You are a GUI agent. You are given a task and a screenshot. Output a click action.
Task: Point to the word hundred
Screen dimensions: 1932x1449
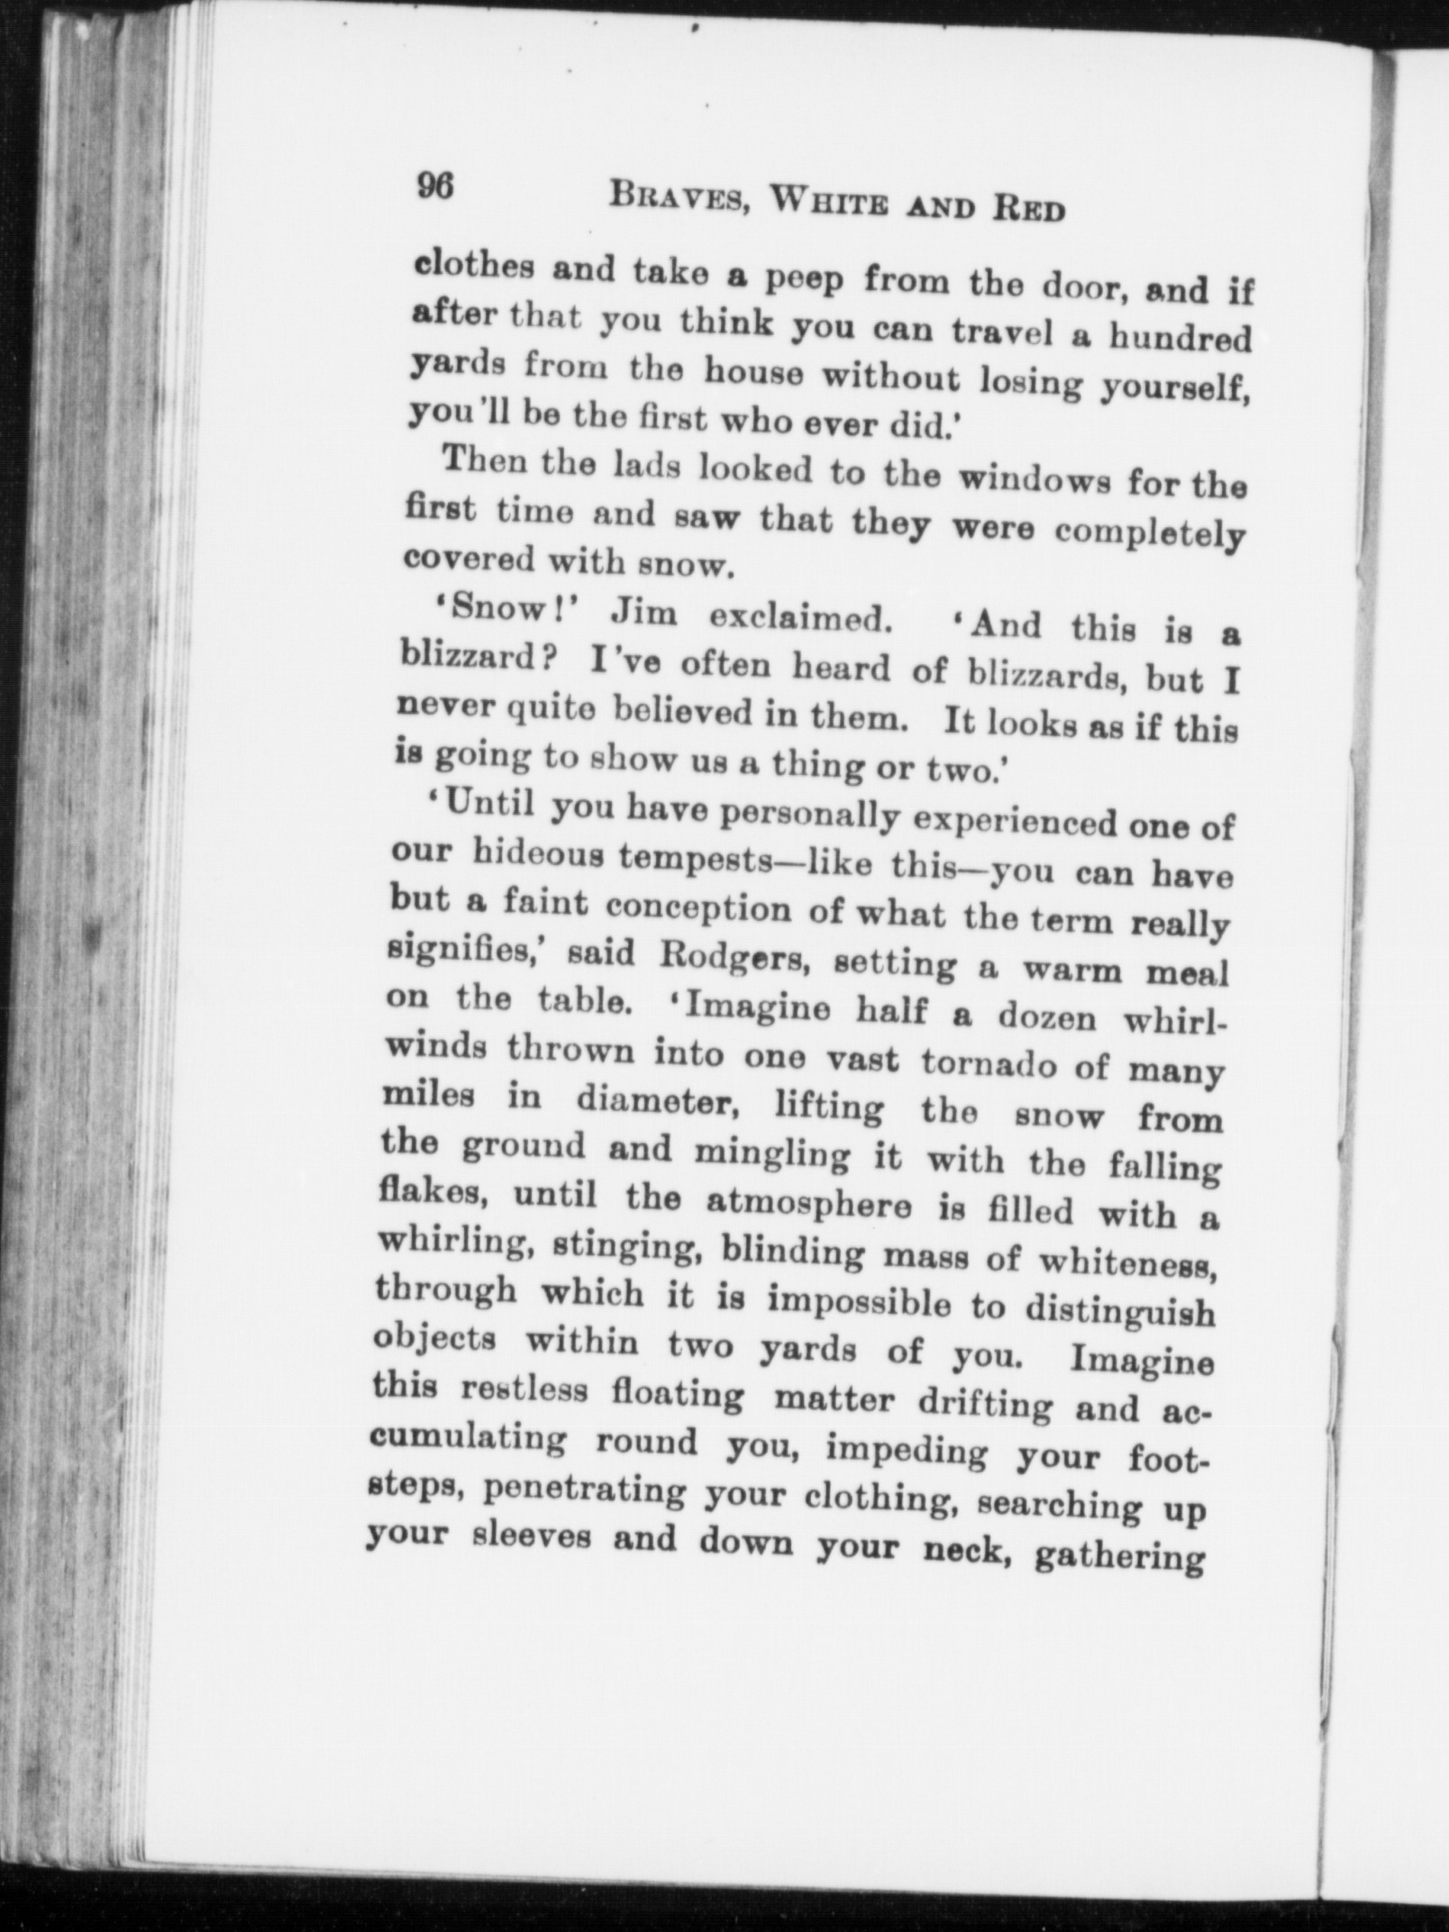tap(1179, 338)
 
